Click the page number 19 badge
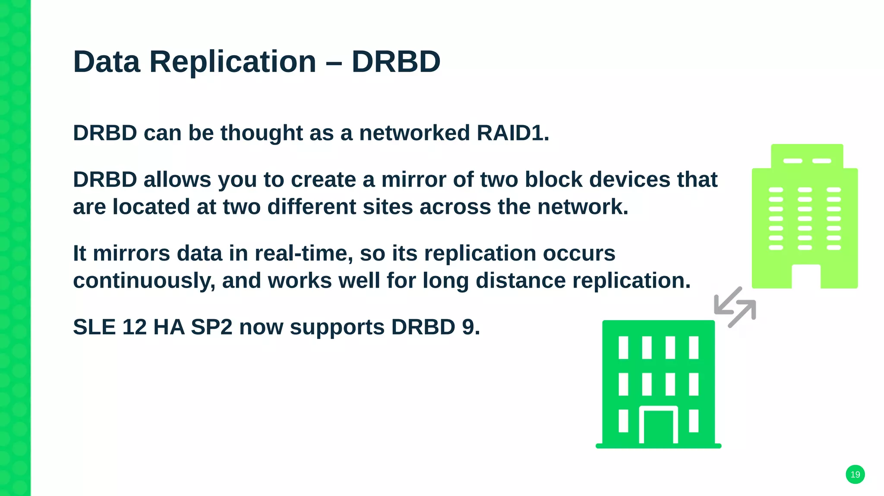pyautogui.click(x=855, y=474)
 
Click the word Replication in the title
pyautogui.click(x=233, y=62)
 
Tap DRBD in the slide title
pyautogui.click(x=396, y=62)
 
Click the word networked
pyautogui.click(x=414, y=133)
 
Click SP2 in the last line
pyautogui.click(x=212, y=327)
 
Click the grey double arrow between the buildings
pyautogui.click(x=735, y=307)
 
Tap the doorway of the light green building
pyautogui.click(x=806, y=277)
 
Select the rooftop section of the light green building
pyautogui.click(x=807, y=156)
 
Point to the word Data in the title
pyautogui.click(x=107, y=62)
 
